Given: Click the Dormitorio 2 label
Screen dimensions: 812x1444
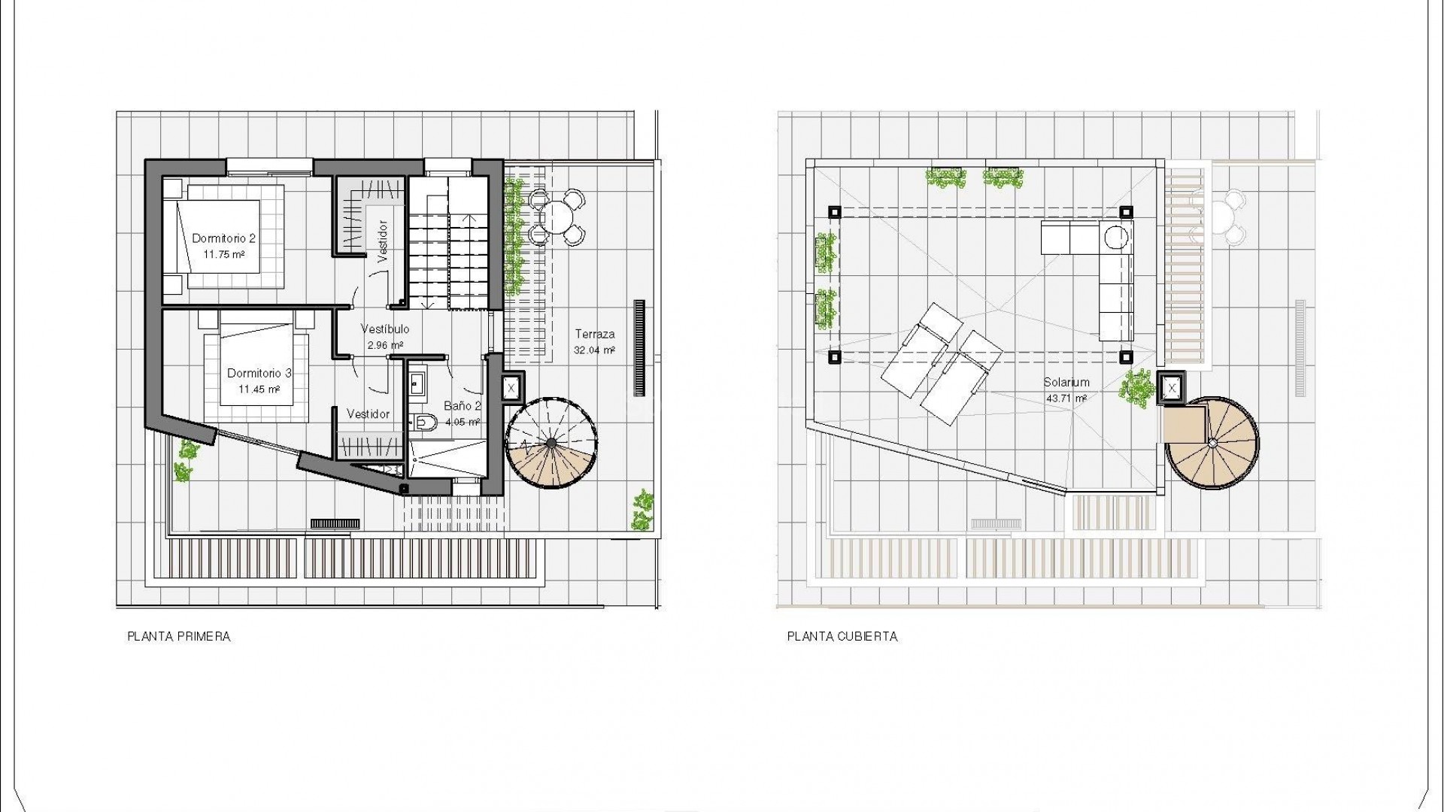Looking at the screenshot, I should click(x=223, y=238).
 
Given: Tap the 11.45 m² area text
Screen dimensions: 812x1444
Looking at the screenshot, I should click(x=259, y=389).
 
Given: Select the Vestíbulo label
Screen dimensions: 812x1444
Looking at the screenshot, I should click(x=385, y=329).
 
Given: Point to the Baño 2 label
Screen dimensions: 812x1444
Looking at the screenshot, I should click(x=462, y=406).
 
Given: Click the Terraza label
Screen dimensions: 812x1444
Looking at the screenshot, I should click(x=595, y=334).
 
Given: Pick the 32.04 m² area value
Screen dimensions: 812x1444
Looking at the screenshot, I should click(x=594, y=350).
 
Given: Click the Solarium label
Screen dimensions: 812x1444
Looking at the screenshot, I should click(x=1066, y=382).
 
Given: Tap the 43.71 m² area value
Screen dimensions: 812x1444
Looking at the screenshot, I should click(x=1066, y=398).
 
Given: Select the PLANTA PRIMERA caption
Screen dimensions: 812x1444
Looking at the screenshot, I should click(x=179, y=637).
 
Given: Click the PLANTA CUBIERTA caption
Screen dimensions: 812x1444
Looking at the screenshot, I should click(x=842, y=637).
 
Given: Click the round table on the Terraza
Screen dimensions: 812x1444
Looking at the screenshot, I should click(x=557, y=217).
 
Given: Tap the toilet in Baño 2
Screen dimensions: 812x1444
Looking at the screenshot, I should click(x=426, y=423).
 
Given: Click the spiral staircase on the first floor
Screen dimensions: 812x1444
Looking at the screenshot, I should click(x=551, y=444).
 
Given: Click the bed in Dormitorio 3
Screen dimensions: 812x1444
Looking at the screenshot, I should click(x=256, y=368).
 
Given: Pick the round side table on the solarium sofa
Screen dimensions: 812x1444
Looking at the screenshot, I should click(x=1117, y=238).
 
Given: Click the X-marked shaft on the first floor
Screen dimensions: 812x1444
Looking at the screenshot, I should click(x=511, y=389).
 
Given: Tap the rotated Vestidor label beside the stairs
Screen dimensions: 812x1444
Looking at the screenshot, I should click(x=383, y=241).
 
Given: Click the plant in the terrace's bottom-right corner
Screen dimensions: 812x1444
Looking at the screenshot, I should click(x=642, y=511).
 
